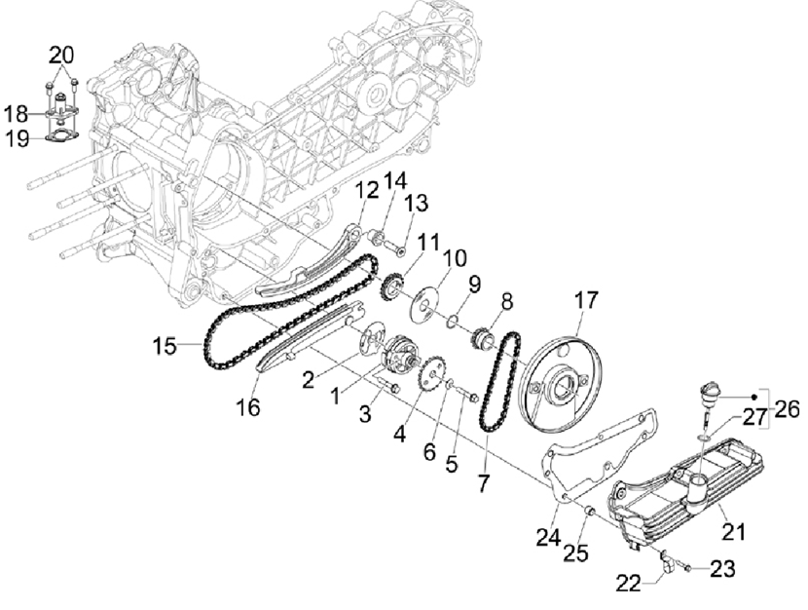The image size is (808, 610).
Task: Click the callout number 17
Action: (x=587, y=300)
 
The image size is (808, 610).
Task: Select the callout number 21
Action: (x=733, y=532)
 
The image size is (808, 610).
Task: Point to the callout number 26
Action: (x=787, y=409)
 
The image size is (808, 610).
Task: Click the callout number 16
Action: (x=250, y=407)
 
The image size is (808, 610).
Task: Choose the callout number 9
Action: (x=474, y=284)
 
